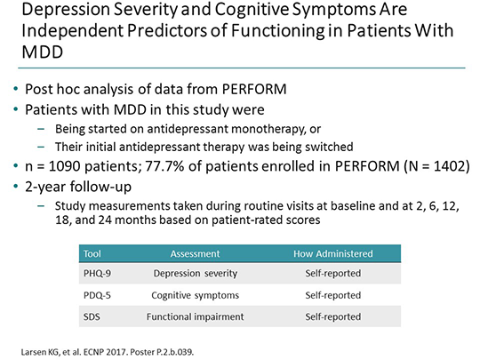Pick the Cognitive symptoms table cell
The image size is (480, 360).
191,294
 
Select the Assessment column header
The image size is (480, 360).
191,252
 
